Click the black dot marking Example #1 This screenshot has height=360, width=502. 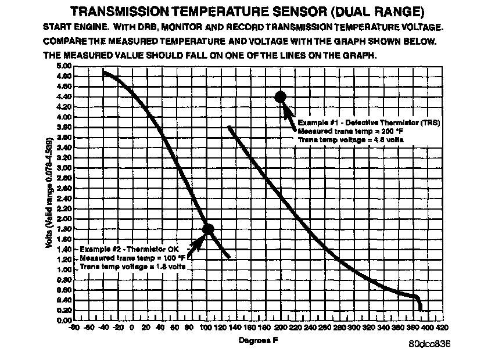pyautogui.click(x=280, y=97)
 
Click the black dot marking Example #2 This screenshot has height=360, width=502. pyautogui.click(x=207, y=229)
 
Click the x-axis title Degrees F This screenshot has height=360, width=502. pyautogui.click(x=258, y=340)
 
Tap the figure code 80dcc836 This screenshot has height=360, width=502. pyautogui.click(x=429, y=344)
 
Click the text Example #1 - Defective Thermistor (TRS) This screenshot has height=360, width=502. pyautogui.click(x=368, y=123)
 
